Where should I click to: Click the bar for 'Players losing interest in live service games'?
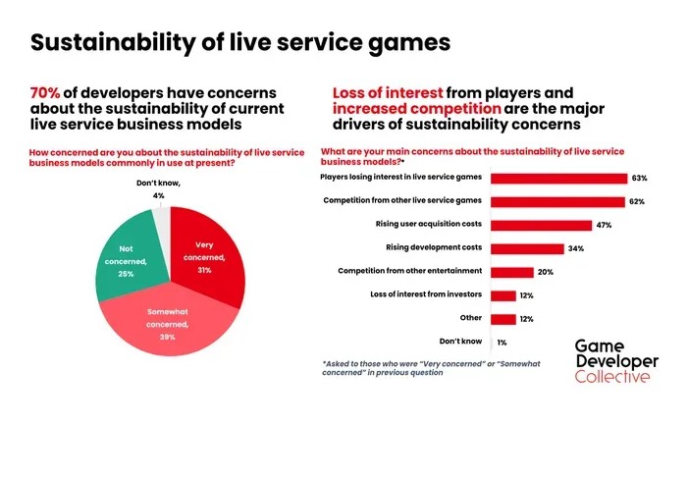click(x=557, y=179)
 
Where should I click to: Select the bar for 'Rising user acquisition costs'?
click(x=541, y=225)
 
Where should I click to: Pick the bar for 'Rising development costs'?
click(x=527, y=248)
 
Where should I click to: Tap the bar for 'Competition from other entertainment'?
click(x=511, y=272)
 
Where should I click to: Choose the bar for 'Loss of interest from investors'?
click(x=503, y=295)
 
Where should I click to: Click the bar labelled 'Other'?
click(x=503, y=319)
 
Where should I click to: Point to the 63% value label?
click(x=640, y=179)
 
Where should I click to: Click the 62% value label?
click(x=638, y=202)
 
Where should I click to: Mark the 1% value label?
click(x=502, y=342)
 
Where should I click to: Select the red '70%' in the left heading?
click(x=47, y=92)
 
